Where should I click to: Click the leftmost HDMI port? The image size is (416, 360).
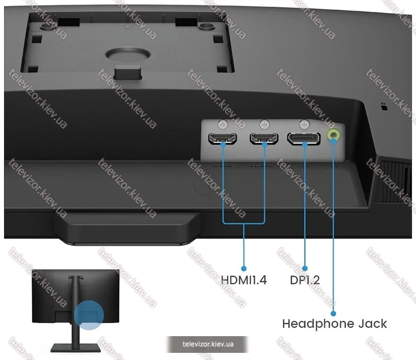tap(222, 139)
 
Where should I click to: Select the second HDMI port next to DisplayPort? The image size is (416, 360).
tap(263, 139)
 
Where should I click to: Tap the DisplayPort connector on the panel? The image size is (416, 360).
tap(304, 138)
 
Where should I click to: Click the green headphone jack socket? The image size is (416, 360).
tap(334, 135)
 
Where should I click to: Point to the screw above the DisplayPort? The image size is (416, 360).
tap(304, 124)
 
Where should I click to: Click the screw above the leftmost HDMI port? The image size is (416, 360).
tap(223, 124)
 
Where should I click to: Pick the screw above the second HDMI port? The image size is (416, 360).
tap(264, 124)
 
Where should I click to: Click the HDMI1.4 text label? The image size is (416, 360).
tap(244, 280)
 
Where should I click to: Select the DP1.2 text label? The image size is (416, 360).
tap(305, 280)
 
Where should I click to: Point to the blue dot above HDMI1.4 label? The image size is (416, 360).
tap(244, 268)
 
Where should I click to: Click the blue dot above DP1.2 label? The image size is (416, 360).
tap(305, 268)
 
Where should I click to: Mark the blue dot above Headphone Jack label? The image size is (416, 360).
tap(334, 314)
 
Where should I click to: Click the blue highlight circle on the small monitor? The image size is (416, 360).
tap(89, 315)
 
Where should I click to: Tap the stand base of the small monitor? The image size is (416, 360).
tap(75, 347)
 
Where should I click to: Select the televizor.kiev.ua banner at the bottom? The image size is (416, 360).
tap(208, 344)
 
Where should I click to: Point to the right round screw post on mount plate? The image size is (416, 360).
tap(204, 26)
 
